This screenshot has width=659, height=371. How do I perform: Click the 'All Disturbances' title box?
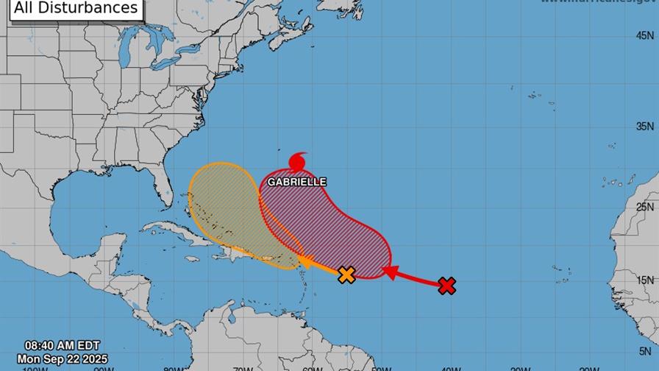(75, 9)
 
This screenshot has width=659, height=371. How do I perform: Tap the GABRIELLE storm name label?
(296, 182)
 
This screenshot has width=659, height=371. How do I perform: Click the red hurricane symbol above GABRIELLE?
(298, 161)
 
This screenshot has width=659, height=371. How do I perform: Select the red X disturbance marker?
(446, 286)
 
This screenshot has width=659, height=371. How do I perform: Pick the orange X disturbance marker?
(346, 275)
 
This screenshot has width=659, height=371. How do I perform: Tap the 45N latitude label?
(646, 35)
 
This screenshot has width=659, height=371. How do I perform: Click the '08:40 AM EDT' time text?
(62, 345)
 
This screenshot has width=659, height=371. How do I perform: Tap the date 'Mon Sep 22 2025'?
(63, 358)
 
